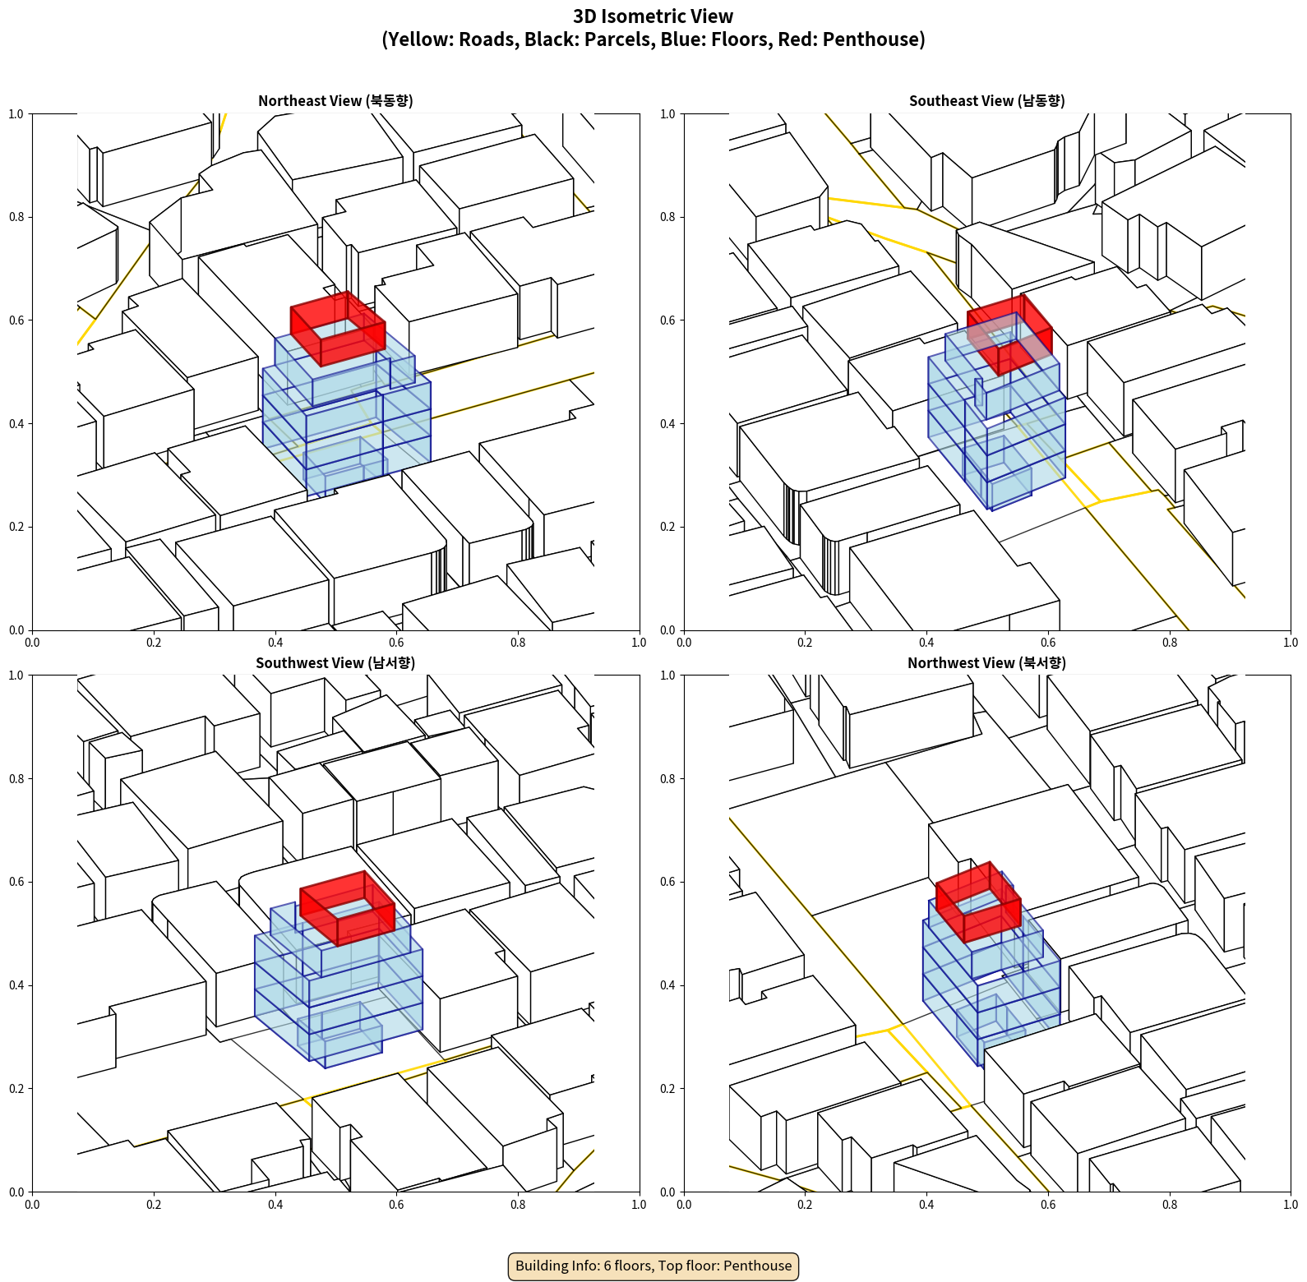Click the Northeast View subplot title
(x=335, y=100)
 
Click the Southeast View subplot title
(x=986, y=100)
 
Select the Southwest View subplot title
(x=335, y=662)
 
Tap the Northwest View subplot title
(x=986, y=662)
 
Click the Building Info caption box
(x=653, y=1266)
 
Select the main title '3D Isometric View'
(x=653, y=16)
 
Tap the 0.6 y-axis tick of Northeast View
(x=16, y=320)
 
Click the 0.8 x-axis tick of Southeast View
(x=1170, y=643)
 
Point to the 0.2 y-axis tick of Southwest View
(x=16, y=1089)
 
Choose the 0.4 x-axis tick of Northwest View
(x=926, y=1205)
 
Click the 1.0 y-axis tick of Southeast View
(x=667, y=114)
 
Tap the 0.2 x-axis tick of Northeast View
(x=154, y=643)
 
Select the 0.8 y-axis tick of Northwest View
(x=667, y=779)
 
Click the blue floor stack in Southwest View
(x=339, y=986)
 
